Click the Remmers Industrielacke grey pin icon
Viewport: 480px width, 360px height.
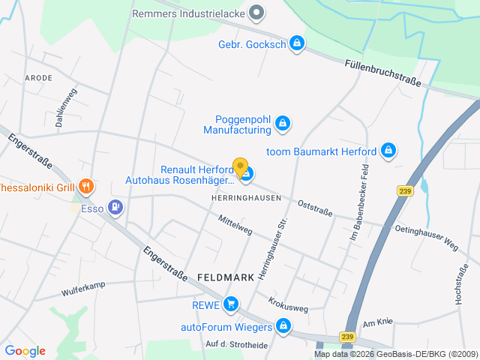coord(256,12)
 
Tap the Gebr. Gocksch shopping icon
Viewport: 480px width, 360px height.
coord(297,43)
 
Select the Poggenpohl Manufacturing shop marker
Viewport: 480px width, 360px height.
coord(282,123)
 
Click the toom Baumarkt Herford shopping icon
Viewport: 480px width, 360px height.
coord(388,151)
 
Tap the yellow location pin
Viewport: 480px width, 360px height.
coord(240,168)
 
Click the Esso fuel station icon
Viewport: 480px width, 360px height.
coord(115,206)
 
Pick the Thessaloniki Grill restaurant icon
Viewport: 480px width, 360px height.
coord(86,186)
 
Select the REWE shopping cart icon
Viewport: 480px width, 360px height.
coord(231,304)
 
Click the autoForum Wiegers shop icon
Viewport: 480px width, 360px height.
coord(283,326)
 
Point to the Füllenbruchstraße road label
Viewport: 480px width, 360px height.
coord(382,72)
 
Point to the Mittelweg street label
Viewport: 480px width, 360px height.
coord(235,226)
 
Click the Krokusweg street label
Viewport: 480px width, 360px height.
coord(288,304)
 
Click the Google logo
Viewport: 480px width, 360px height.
coord(25,351)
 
